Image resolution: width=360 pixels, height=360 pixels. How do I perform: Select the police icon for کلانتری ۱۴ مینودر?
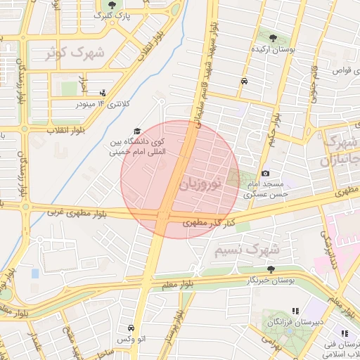(104, 92)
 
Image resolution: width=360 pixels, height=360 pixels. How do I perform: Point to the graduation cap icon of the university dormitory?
(137, 131)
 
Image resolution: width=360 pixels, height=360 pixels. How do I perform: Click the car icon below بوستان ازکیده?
(243, 81)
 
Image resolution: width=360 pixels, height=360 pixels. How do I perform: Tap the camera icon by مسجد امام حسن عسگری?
(265, 173)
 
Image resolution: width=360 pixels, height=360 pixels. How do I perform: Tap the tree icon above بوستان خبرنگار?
(271, 269)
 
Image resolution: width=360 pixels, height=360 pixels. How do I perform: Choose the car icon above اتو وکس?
(130, 328)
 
